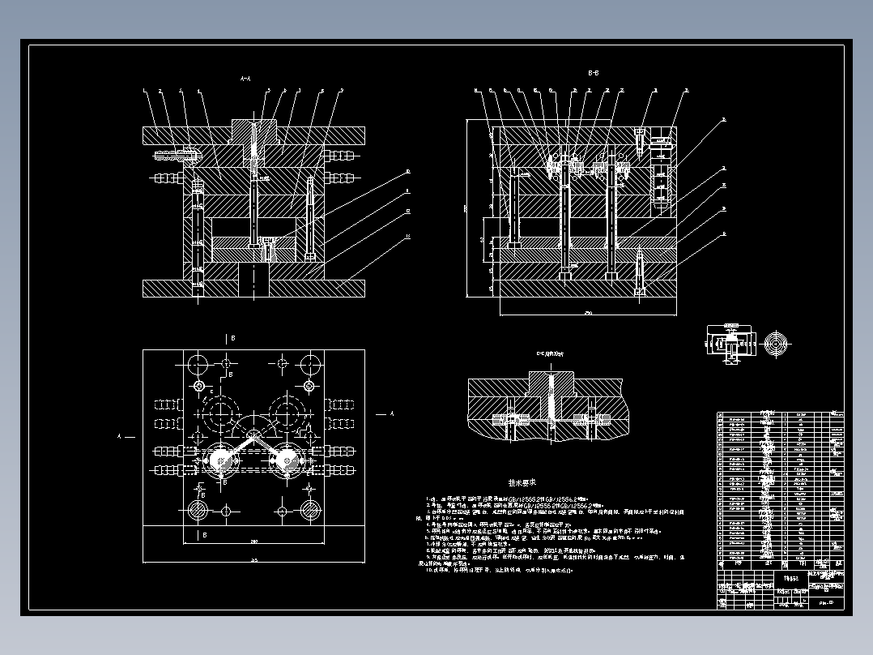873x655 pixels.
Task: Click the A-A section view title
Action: pos(246,79)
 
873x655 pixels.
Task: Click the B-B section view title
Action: pos(593,73)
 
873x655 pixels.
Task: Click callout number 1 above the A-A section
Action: pos(144,90)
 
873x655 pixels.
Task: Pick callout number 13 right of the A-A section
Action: pos(407,236)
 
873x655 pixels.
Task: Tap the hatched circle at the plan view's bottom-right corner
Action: pos(309,511)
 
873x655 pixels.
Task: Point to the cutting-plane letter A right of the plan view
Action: pos(392,414)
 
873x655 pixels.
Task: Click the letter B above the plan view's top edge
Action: pos(232,337)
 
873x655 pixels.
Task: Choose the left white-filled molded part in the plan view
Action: pos(219,460)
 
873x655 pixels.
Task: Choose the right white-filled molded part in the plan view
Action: pos(286,460)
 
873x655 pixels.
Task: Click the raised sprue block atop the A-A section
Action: pos(253,128)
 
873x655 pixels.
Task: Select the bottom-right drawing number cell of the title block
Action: pos(826,602)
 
